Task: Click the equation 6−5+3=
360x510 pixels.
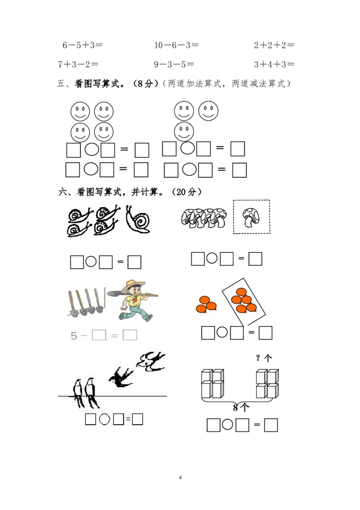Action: (x=83, y=45)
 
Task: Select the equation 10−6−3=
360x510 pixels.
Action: (x=176, y=45)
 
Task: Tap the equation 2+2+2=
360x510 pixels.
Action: (x=274, y=45)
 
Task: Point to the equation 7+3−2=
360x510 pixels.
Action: (x=78, y=64)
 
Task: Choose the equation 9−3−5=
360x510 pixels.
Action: (x=174, y=64)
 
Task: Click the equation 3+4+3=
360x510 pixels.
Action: (x=274, y=64)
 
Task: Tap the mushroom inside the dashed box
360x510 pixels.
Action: (x=252, y=217)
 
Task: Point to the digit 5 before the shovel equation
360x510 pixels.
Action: (x=74, y=336)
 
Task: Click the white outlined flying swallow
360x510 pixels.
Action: (x=151, y=361)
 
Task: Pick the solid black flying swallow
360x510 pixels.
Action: (x=121, y=377)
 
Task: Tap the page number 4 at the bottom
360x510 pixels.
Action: (x=180, y=478)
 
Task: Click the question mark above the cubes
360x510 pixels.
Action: (x=258, y=358)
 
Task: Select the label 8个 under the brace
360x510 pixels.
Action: (x=241, y=407)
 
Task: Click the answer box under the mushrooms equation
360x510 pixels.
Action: (x=255, y=259)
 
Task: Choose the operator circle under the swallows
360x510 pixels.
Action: (x=104, y=419)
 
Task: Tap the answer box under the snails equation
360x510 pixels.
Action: (x=134, y=262)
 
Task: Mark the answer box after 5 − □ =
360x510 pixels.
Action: (x=130, y=335)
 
